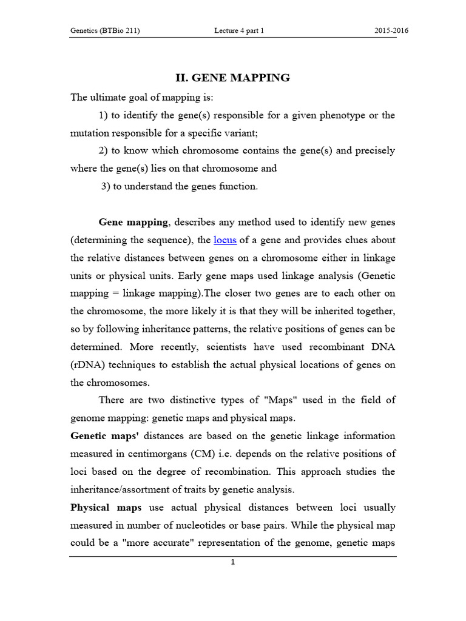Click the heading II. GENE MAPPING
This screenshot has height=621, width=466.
click(x=232, y=78)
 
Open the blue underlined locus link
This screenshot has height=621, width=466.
click(x=225, y=240)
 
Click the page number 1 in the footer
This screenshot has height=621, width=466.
click(x=232, y=562)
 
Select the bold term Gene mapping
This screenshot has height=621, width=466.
click(x=133, y=223)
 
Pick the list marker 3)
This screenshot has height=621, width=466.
click(x=105, y=186)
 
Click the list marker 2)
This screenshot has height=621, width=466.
click(x=103, y=151)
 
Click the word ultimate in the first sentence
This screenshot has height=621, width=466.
click(x=107, y=97)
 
